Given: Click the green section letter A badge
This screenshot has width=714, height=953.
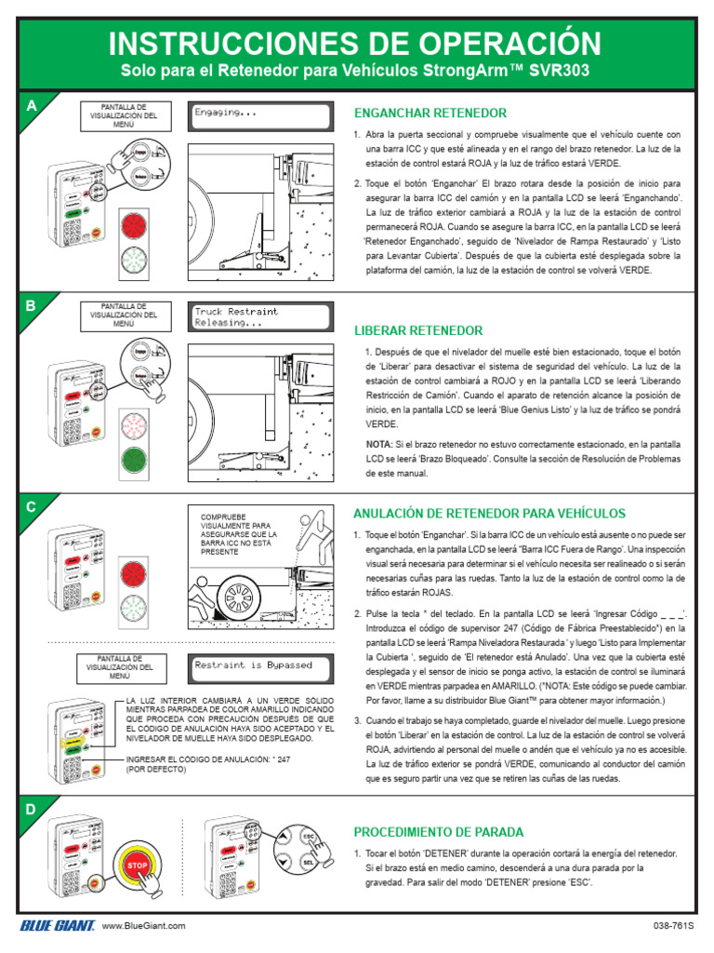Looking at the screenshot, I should pyautogui.click(x=32, y=106).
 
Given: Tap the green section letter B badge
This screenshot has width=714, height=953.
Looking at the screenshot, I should pyautogui.click(x=32, y=305).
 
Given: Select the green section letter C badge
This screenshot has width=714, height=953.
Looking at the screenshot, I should pyautogui.click(x=32, y=507).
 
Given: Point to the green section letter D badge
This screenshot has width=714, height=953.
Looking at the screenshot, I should pyautogui.click(x=32, y=810).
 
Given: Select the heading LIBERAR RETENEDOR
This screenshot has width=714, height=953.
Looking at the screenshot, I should pyautogui.click(x=418, y=330).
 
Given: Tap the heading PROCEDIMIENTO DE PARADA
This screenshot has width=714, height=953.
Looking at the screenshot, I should pyautogui.click(x=439, y=831).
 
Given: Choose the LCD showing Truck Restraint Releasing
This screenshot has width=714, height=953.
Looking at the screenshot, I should pyautogui.click(x=259, y=316).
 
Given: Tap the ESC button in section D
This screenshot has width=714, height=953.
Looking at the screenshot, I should pyautogui.click(x=310, y=836).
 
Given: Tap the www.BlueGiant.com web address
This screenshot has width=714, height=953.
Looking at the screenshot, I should pyautogui.click(x=143, y=926).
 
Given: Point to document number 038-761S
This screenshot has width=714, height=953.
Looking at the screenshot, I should pyautogui.click(x=673, y=926).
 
